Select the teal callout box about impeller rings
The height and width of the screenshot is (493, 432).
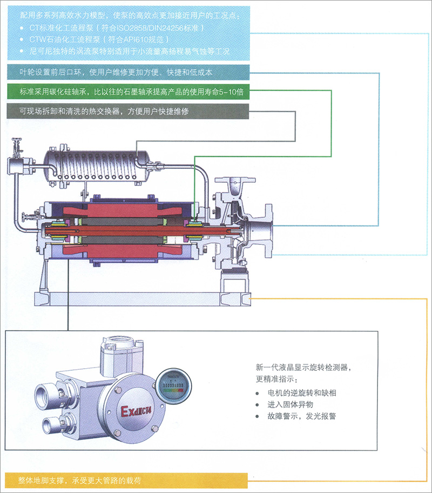pyautogui.click(x=128, y=72)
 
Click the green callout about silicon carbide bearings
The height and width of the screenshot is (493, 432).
pyautogui.click(x=128, y=92)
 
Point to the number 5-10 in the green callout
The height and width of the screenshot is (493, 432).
pyautogui.click(x=227, y=92)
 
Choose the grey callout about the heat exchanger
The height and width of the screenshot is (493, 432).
pyautogui.click(x=128, y=111)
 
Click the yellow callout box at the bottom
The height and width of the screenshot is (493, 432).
pyautogui.click(x=126, y=480)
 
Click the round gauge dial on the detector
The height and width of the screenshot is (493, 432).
pyautogui.click(x=173, y=385)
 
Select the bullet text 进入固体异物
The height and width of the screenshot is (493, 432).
pyautogui.click(x=291, y=404)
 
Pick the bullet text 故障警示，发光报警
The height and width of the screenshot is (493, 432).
pyautogui.click(x=302, y=416)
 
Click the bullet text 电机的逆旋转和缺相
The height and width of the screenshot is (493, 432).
pyautogui.click(x=302, y=392)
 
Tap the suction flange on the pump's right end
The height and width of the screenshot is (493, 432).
pyautogui.click(x=268, y=230)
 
